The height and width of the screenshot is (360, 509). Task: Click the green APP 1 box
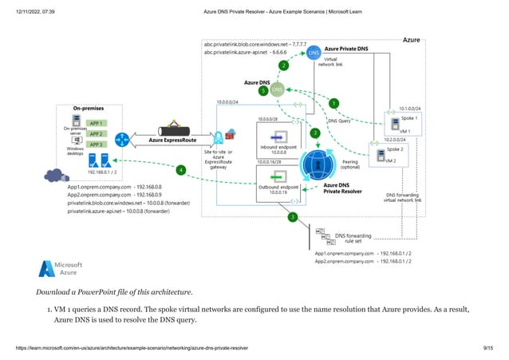click(96, 123)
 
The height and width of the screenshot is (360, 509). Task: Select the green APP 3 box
click(96, 144)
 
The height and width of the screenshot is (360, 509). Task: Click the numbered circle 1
click(333, 103)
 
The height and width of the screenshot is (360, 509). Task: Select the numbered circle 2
click(282, 65)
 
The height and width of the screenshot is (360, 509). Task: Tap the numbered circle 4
click(181, 169)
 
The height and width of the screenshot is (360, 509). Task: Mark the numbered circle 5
click(263, 92)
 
